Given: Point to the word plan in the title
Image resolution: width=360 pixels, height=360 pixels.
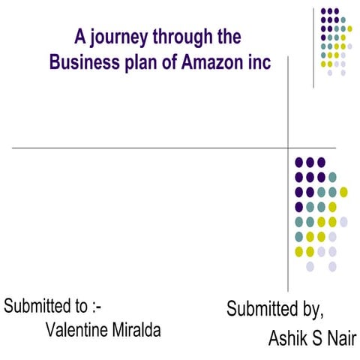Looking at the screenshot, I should point(143,64).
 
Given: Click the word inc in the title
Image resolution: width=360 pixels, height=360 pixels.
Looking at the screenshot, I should point(256,63).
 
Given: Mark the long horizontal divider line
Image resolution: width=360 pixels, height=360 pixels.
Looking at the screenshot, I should point(150,148).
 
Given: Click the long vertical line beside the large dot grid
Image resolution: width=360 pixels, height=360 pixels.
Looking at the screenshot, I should point(289,225).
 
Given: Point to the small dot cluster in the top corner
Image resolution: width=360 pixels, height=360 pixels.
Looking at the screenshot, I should point(334,40).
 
